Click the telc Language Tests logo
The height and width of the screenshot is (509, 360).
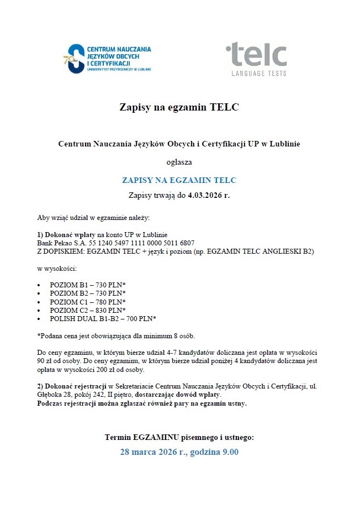click(256, 58)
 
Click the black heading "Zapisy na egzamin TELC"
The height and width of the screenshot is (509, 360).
click(179, 107)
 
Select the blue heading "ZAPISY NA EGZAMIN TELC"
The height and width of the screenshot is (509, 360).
click(179, 180)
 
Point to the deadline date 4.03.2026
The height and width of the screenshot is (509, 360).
click(205, 195)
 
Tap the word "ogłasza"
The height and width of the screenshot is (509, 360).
click(179, 162)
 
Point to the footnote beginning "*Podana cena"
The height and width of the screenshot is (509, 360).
click(115, 336)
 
